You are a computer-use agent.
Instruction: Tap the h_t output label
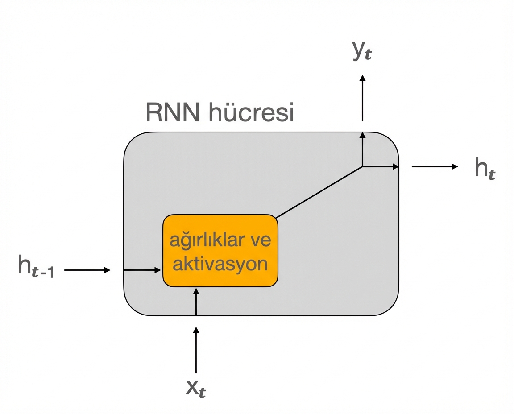click(x=485, y=169)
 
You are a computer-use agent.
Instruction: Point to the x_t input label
click(x=196, y=389)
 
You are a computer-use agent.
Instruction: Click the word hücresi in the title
click(x=251, y=113)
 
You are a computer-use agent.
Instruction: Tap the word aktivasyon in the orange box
click(x=220, y=264)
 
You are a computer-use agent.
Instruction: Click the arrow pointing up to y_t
click(x=362, y=98)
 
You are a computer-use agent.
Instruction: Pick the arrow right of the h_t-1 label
click(x=87, y=270)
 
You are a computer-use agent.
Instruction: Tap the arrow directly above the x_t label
click(x=196, y=350)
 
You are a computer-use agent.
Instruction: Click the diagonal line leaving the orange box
click(x=319, y=192)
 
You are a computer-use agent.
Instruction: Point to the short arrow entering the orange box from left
click(x=142, y=270)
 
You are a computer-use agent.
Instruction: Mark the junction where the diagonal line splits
click(x=362, y=166)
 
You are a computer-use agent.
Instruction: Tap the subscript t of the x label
click(x=202, y=392)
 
